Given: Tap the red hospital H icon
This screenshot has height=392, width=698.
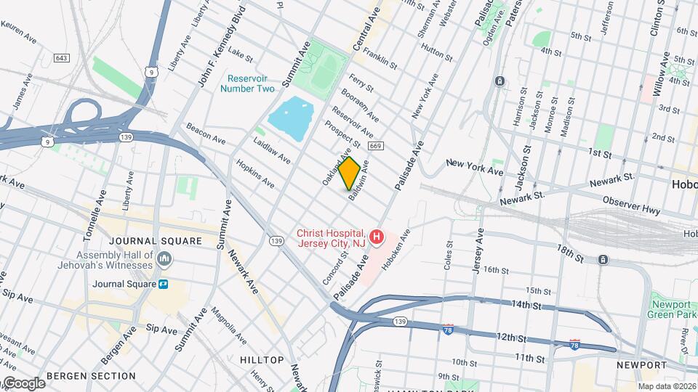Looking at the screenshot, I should coord(377,237).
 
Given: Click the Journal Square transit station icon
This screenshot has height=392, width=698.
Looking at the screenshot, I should coord(164,284).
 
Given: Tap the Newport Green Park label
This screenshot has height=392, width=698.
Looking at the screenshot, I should coord(670,309).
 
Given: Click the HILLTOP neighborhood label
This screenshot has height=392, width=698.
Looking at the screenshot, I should coord(262,360).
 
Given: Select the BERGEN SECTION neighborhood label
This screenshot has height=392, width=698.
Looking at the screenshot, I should coord(91,376).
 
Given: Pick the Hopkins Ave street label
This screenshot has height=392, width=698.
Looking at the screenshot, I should coord(255,173).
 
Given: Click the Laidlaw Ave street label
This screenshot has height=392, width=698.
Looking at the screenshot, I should coord(272,150).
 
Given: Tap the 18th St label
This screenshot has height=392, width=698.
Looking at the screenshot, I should coord(571,252).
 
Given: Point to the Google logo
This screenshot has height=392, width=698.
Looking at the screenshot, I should coord(23,383).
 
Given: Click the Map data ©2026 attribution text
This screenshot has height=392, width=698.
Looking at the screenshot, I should coord(667,386).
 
